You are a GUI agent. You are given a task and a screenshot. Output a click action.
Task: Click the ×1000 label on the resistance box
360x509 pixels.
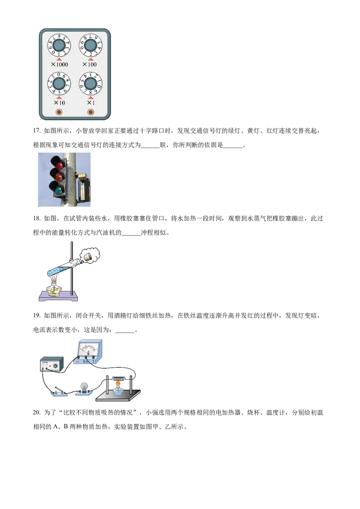pos(59,64)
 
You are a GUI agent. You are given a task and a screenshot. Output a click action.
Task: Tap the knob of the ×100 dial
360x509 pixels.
pos(90,45)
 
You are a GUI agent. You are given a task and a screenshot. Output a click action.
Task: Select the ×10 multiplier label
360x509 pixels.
pos(58,103)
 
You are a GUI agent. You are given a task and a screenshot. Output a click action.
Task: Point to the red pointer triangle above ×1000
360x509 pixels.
pos(59,59)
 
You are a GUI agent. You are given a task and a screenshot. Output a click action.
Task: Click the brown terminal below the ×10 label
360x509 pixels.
pos(58,112)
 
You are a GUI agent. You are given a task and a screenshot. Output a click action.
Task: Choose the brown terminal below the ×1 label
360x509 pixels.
pos(90,112)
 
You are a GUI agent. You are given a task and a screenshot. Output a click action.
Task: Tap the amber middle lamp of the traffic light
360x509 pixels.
pos(57,174)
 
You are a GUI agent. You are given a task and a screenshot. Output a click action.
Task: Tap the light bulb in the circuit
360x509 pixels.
pos(84,387)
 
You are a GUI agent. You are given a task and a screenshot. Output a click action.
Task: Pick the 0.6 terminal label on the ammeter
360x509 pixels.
pos(86,361)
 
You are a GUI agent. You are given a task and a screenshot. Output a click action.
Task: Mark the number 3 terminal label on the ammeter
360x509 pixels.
pos(93,361)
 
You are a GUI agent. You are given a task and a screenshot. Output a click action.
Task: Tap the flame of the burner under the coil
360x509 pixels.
pos(118,385)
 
